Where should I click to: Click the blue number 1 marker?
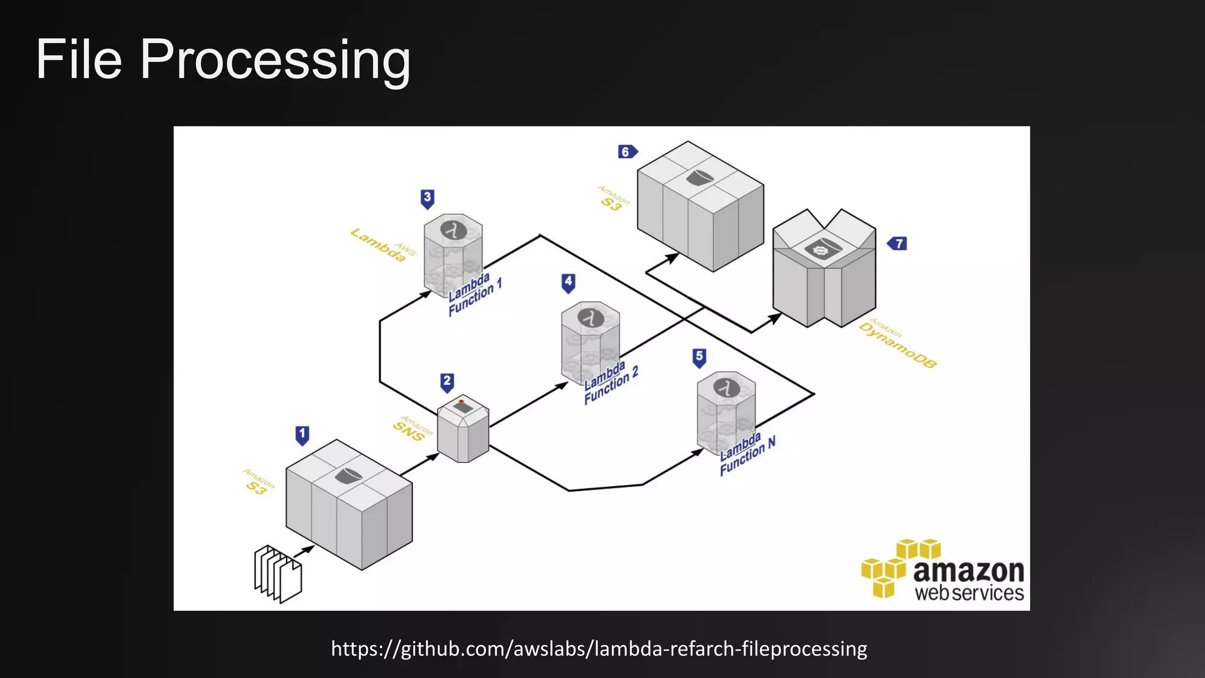point(302,436)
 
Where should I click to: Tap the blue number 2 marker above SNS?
point(447,382)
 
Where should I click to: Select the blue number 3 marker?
point(428,198)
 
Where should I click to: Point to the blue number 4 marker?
point(568,282)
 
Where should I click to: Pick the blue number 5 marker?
point(699,357)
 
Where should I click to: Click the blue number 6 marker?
point(627,152)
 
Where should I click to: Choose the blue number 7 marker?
point(898,243)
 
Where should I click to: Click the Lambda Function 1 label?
point(474,294)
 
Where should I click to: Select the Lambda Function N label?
point(747,454)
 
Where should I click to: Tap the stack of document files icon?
point(278,574)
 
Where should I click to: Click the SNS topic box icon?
point(463,428)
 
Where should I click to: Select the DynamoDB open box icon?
point(824,268)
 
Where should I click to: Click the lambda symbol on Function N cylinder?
point(726,388)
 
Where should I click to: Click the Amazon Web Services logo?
point(943,570)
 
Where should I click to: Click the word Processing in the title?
point(275,59)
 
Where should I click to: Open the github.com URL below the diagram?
point(599,649)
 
